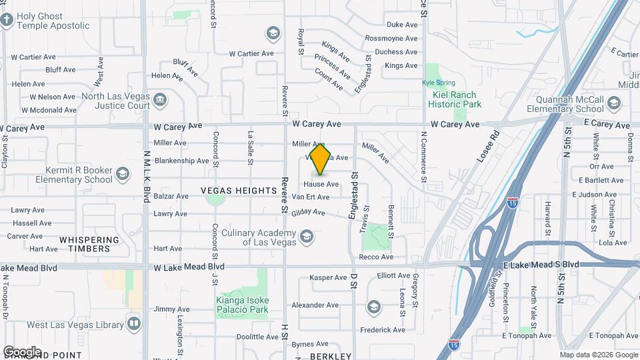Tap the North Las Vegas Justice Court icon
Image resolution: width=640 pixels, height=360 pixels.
coord(160,101)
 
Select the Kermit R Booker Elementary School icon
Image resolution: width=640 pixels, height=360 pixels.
coord(122,174)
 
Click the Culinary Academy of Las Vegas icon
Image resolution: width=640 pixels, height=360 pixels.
coord(306,237)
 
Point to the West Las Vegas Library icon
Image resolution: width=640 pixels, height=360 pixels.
coord(135,325)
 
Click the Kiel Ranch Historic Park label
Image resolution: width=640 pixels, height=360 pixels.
coord(453,100)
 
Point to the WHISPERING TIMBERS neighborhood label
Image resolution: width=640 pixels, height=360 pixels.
coord(89,244)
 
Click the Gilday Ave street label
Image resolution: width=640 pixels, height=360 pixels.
coord(308,212)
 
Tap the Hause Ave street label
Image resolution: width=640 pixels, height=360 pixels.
coord(321,184)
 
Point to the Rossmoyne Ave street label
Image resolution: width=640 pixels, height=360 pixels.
coord(391,38)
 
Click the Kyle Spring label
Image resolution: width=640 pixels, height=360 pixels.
coord(438,83)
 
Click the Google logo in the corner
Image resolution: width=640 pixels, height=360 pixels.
coord(22,351)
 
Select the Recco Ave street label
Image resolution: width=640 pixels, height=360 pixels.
coord(377,257)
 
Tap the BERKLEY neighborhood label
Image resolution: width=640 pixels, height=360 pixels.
coord(331,356)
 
